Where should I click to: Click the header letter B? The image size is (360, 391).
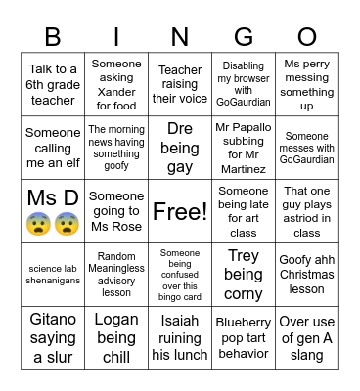53,37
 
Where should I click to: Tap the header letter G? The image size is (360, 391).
244,37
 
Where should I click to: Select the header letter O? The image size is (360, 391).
307,37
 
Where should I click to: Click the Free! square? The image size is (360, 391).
180,211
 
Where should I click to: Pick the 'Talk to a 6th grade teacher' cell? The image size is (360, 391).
53,84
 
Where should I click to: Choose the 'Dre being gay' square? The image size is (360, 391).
180,148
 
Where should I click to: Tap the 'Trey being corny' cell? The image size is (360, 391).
244,275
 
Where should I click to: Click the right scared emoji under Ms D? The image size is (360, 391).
67,224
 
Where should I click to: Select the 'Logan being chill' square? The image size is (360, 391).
116,338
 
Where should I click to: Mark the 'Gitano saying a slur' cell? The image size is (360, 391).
53,338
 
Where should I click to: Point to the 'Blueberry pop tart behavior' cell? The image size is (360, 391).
244,338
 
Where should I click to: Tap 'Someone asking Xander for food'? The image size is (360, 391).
116,84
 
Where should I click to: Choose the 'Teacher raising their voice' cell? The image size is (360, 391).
180,84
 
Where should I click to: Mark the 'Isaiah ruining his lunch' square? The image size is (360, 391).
180,338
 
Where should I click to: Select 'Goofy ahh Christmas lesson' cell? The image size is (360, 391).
307,275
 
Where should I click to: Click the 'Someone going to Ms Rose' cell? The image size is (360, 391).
116,211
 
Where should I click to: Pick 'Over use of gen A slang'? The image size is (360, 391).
307,338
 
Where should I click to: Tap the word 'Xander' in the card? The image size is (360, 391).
116,91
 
